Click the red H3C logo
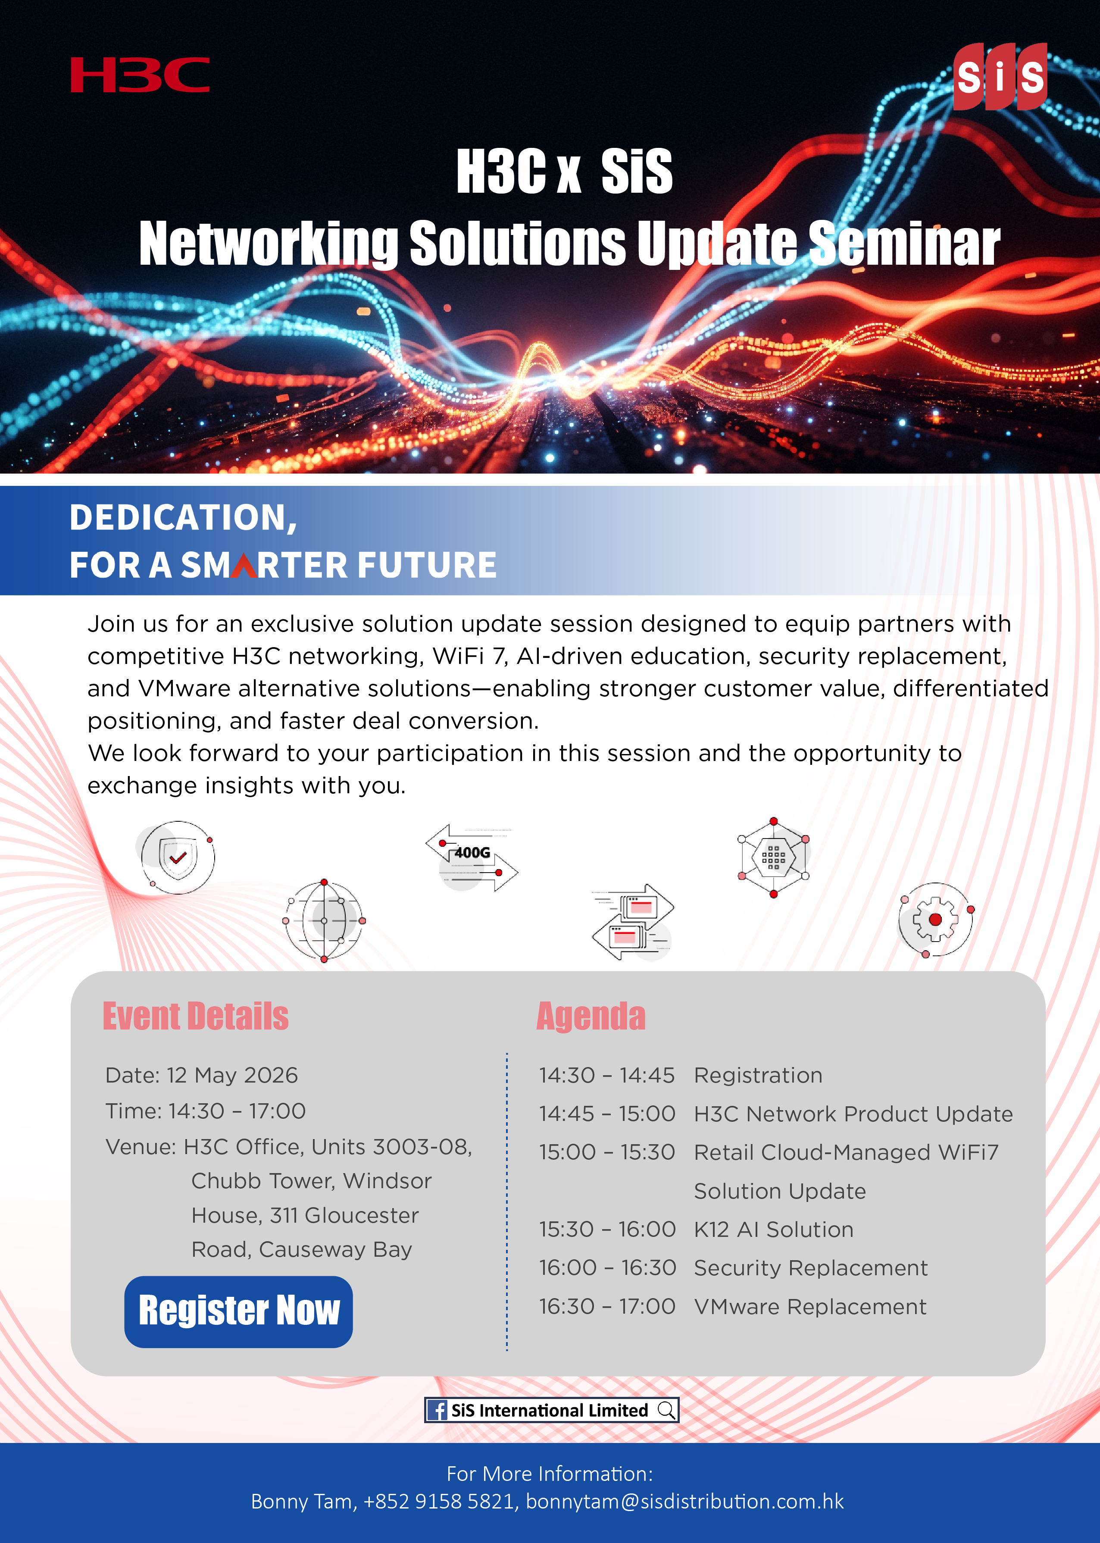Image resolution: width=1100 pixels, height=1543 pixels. click(x=140, y=75)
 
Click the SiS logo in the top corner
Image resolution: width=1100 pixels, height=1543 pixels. click(x=1000, y=77)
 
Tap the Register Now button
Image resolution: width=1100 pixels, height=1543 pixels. click(x=238, y=1311)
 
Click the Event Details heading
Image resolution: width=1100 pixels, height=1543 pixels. click(x=196, y=1016)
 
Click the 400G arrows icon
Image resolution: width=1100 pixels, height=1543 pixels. click(x=472, y=858)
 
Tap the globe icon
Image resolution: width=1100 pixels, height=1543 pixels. click(x=325, y=920)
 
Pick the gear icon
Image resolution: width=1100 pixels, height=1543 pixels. click(x=935, y=919)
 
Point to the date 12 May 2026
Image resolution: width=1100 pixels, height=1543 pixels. click(x=232, y=1075)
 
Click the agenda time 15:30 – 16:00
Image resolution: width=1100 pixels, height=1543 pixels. click(x=607, y=1230)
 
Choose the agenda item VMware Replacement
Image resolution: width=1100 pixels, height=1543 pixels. click(x=810, y=1307)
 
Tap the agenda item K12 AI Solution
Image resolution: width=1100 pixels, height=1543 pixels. click(x=774, y=1230)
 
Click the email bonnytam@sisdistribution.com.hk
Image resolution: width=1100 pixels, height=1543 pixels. click(x=685, y=1502)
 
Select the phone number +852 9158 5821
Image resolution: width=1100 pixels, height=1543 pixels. click(x=438, y=1502)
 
